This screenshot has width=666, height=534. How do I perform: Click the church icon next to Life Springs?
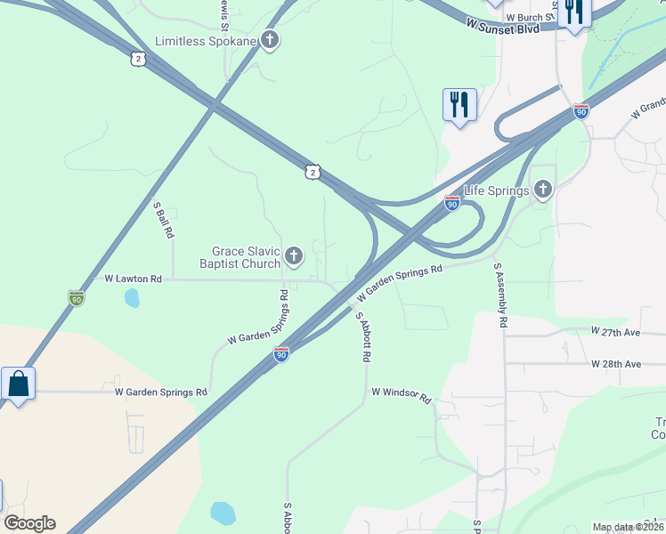click(543, 190)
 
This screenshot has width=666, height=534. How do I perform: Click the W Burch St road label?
click(530, 17)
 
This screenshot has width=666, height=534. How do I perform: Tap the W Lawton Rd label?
click(134, 279)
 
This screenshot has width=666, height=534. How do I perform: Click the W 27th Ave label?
click(616, 331)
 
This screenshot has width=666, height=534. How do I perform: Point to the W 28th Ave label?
click(616, 364)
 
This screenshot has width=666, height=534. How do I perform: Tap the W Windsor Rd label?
click(401, 394)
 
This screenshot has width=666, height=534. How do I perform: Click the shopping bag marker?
click(19, 384)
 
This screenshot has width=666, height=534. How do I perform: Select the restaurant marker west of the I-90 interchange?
click(459, 105)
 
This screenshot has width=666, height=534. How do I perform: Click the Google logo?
click(29, 522)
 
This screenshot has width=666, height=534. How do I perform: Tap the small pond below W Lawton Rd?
click(132, 297)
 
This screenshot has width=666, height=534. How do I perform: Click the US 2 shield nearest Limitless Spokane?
click(137, 59)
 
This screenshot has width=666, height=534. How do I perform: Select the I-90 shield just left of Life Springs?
click(452, 204)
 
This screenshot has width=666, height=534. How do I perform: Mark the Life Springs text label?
click(497, 190)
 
